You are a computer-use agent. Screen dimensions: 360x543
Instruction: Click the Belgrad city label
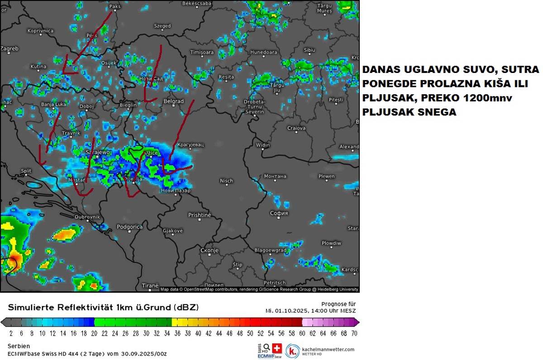[173, 101]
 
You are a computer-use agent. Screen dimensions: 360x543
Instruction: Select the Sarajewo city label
[98, 153]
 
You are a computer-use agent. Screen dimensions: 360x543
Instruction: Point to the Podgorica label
[129, 227]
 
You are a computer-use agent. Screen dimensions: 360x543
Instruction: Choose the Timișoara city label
[201, 53]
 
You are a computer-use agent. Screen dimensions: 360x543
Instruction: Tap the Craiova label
[296, 128]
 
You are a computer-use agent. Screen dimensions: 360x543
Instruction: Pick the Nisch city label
[226, 181]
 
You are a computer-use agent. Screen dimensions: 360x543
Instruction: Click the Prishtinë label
[200, 215]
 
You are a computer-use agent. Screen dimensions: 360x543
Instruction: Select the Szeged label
[162, 26]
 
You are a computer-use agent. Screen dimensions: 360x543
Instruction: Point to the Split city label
[26, 171]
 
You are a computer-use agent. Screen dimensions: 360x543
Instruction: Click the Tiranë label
[150, 286]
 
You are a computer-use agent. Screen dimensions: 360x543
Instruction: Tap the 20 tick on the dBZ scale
[95, 333]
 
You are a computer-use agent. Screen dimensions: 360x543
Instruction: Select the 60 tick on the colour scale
[302, 333]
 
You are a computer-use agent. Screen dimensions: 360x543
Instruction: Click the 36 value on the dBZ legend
[177, 333]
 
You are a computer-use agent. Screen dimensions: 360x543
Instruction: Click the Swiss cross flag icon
[276, 348]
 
